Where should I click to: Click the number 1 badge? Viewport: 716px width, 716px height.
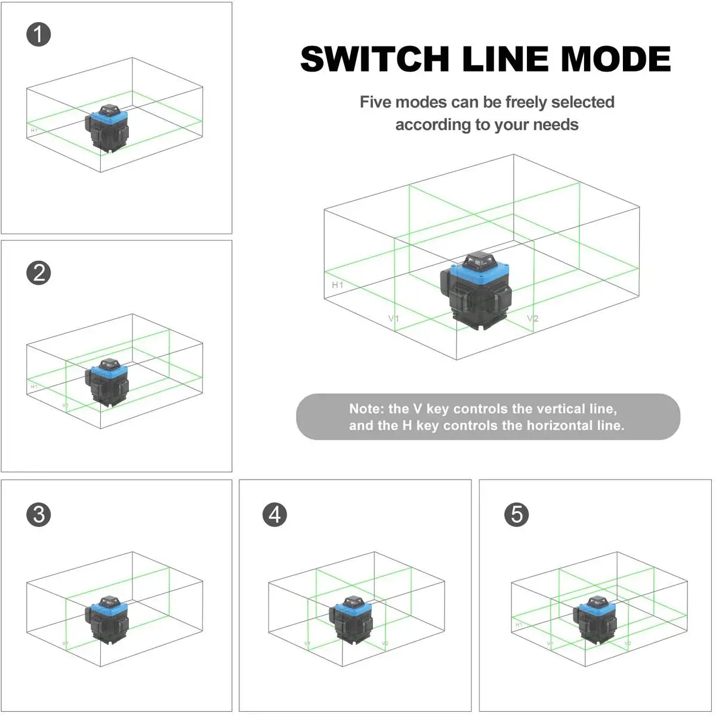point(39,35)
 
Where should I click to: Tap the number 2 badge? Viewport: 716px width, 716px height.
point(39,273)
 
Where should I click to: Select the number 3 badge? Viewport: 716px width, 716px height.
point(39,514)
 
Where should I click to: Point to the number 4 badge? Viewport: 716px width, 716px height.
point(274,514)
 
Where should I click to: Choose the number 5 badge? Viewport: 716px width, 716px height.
point(517,514)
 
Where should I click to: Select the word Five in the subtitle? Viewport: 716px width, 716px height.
point(376,102)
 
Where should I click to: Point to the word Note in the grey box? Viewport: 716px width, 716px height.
point(365,409)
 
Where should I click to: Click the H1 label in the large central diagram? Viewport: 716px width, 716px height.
point(338,285)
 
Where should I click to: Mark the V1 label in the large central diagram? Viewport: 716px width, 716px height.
point(394,319)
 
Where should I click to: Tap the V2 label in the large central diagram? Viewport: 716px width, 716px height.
point(532,319)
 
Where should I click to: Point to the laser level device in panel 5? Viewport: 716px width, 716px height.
point(594,619)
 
